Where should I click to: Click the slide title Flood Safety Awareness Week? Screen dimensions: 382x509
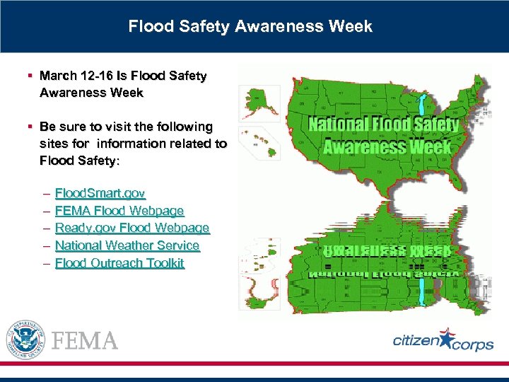[x=250, y=27]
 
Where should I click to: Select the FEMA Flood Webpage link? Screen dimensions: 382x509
[x=119, y=211]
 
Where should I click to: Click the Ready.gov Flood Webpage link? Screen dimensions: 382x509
[x=132, y=228]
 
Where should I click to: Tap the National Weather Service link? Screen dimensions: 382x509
[x=127, y=245]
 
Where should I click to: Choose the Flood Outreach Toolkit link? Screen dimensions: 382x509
[x=119, y=263]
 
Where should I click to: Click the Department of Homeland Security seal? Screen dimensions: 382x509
[x=25, y=340]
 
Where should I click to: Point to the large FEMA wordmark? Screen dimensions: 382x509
[x=84, y=341]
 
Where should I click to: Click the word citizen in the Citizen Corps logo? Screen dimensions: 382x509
[x=416, y=341]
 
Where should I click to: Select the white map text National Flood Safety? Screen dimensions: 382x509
[x=384, y=125]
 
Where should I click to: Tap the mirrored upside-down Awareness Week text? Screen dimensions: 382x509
[x=387, y=251]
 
